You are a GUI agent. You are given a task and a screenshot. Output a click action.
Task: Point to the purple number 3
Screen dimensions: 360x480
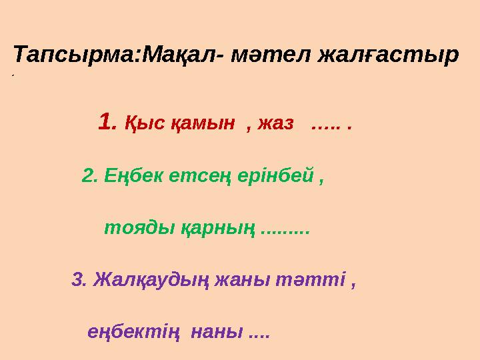(78, 279)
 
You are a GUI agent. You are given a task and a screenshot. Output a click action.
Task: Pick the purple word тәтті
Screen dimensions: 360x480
(319, 279)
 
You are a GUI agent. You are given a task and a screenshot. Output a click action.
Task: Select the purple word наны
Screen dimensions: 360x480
(217, 332)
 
